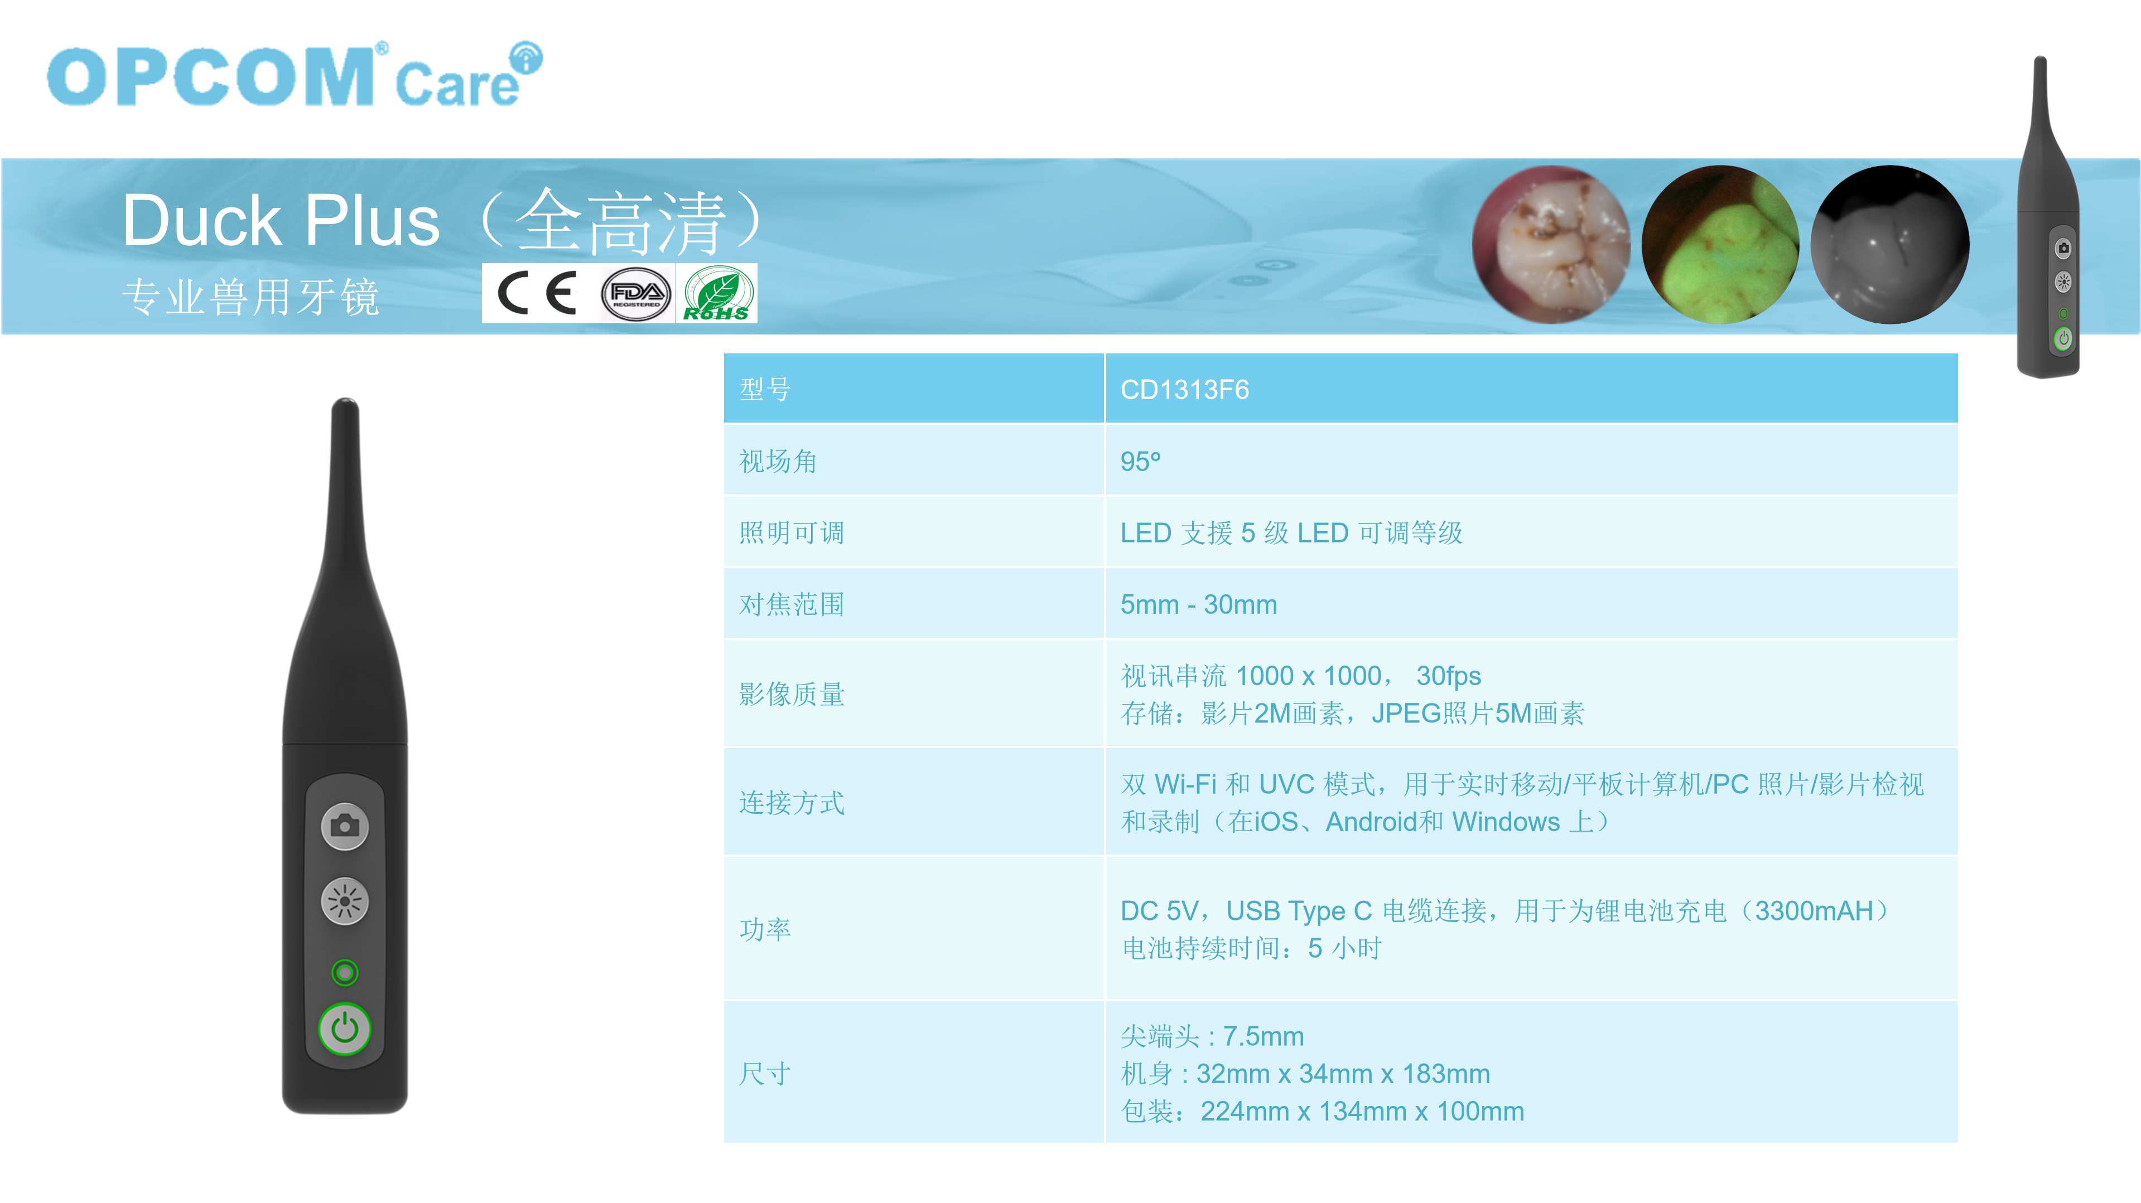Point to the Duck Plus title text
(x=281, y=221)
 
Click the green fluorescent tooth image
(x=1720, y=244)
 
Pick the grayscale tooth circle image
(x=1890, y=244)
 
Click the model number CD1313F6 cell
(x=1184, y=390)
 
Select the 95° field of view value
(x=1140, y=461)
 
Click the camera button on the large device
(x=345, y=826)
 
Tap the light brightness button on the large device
(x=345, y=901)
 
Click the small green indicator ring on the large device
(x=345, y=972)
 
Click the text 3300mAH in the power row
(x=1814, y=910)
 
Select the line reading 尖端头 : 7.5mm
(x=1212, y=1036)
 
